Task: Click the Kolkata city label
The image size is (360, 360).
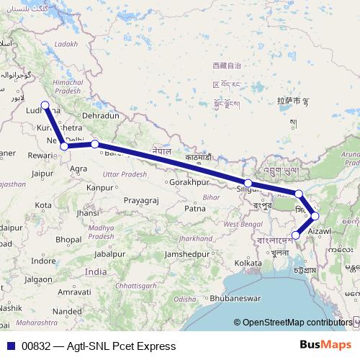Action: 248,264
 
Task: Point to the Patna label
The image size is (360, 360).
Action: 195,209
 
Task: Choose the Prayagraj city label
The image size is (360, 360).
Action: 140,199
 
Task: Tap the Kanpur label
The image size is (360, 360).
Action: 100,187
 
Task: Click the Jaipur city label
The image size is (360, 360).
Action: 44,174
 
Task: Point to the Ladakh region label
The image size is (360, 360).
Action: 65,44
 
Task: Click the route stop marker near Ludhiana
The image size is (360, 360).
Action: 45,106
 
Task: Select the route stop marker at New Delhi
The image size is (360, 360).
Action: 65,146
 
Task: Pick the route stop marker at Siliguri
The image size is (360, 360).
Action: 248,184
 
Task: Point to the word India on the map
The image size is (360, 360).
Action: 96,271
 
